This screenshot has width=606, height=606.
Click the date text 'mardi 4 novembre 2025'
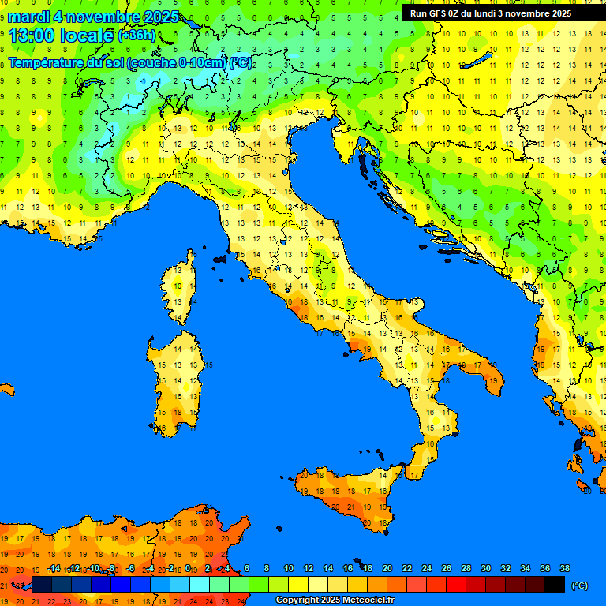93,17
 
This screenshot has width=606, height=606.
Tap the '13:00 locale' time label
62,36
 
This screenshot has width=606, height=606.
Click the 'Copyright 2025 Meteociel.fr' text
335,600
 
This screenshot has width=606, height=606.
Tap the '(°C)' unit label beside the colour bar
579,585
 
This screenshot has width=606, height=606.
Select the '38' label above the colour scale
564,569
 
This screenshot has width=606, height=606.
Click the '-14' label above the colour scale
54,569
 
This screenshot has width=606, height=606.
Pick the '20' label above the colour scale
387,569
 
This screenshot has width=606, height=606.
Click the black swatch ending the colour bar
555,585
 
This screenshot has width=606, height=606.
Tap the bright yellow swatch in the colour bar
298,585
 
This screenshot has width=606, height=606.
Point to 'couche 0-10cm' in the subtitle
178,63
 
